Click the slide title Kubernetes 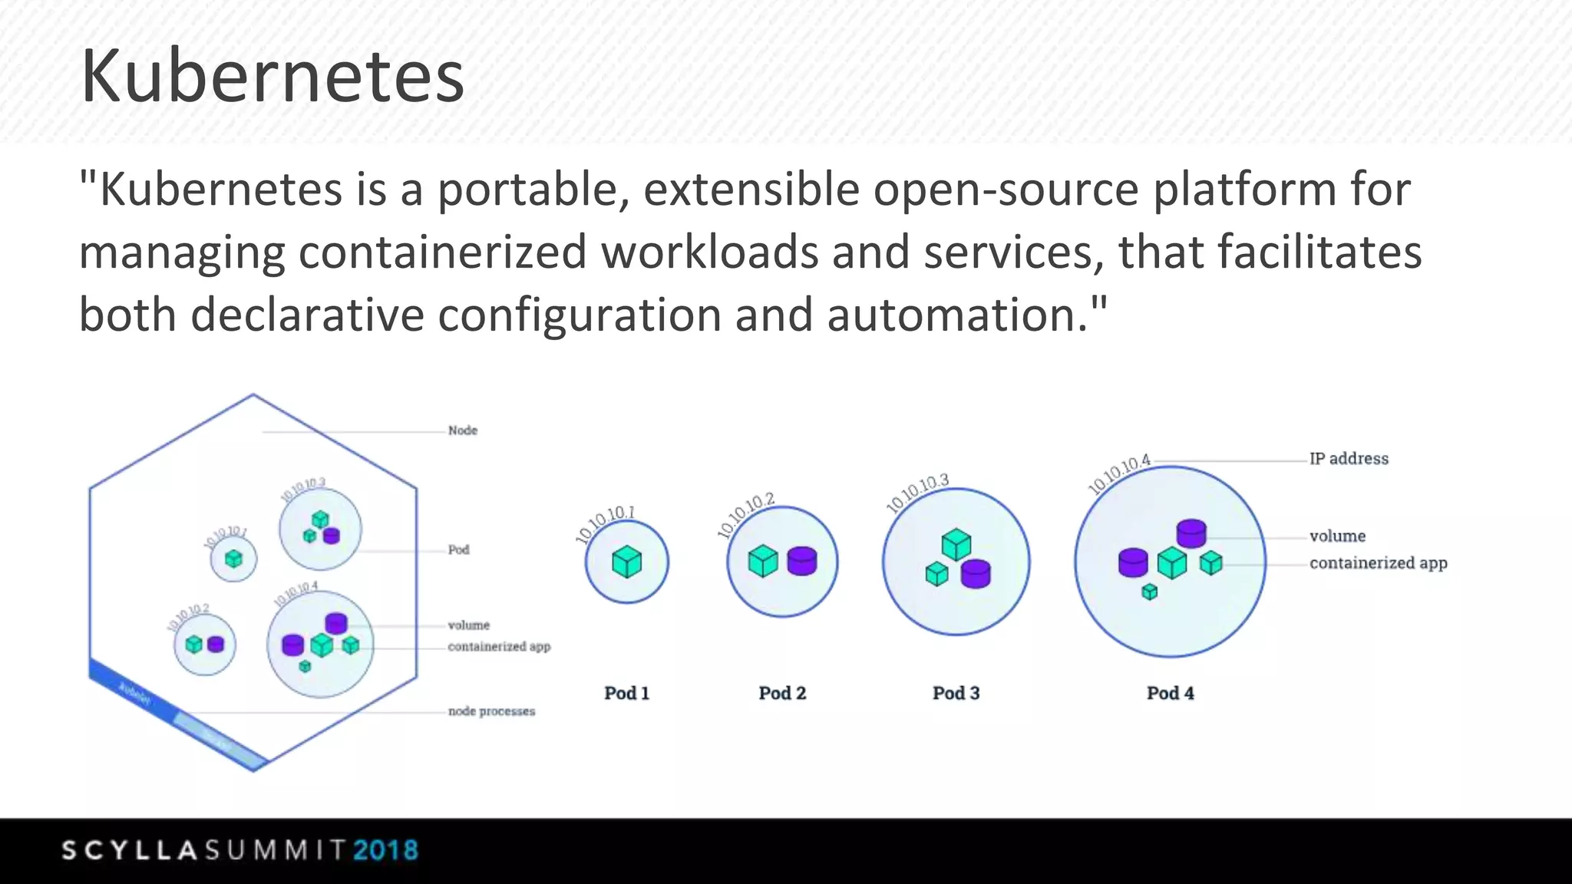[x=272, y=76]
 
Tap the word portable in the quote [x=527, y=190]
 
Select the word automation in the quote [x=957, y=315]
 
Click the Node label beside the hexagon [x=462, y=430]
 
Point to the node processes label [x=491, y=711]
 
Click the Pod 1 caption [x=626, y=693]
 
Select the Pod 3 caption [x=956, y=693]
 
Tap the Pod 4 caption [x=1170, y=693]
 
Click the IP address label [x=1349, y=459]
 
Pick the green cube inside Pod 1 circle [x=626, y=562]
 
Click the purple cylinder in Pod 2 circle [x=802, y=561]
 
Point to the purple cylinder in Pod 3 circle [x=976, y=573]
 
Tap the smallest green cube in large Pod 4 [x=1149, y=592]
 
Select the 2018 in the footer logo [x=385, y=850]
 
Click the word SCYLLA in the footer [x=130, y=850]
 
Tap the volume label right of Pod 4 [x=1337, y=536]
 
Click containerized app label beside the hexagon [x=499, y=647]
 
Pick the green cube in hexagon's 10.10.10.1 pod [x=233, y=559]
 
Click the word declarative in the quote [x=307, y=315]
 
